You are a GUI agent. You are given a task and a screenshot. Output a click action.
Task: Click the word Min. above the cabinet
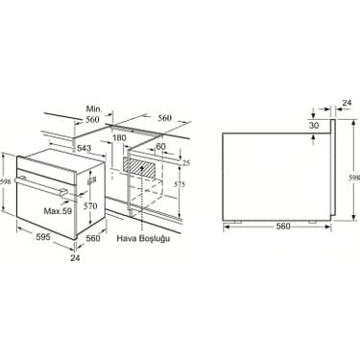[x=94, y=109]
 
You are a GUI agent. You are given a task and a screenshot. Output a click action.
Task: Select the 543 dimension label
[x=84, y=148]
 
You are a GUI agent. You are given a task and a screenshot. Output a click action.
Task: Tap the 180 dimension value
[x=119, y=137]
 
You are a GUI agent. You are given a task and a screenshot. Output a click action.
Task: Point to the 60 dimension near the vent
[x=160, y=146]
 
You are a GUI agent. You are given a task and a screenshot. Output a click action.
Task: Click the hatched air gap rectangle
[x=140, y=166]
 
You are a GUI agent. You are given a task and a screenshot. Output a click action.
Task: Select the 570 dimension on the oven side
[x=90, y=206]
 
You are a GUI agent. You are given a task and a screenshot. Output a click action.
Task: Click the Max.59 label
[x=58, y=211]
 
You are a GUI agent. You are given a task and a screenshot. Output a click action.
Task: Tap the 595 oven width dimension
[x=42, y=237]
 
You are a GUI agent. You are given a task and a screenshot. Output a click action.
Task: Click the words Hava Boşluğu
[x=143, y=239]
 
